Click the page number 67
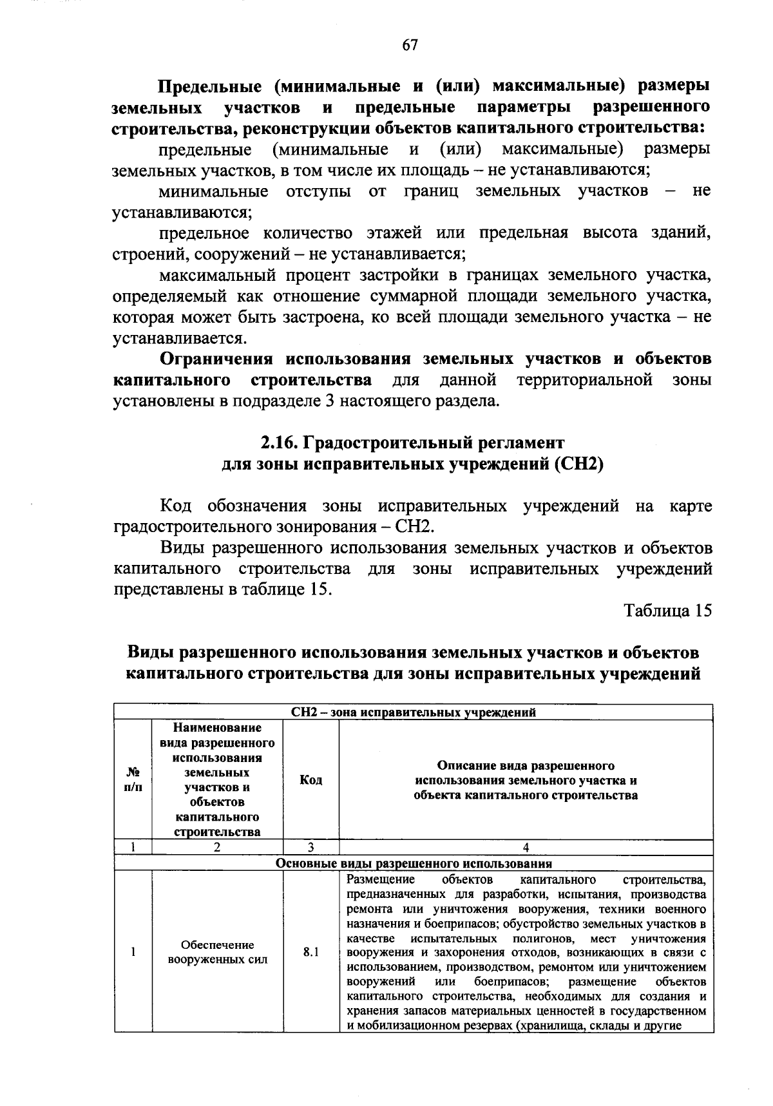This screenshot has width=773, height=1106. tap(410, 44)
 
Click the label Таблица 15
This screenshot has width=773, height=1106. tap(667, 611)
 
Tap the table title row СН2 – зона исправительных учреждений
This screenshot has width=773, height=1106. tap(413, 712)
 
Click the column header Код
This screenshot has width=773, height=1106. tap(311, 780)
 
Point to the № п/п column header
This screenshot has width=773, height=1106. tap(133, 780)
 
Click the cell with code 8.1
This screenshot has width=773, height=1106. tap(311, 951)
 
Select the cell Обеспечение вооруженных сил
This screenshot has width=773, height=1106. tap(217, 952)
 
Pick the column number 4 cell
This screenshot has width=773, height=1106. tap(526, 848)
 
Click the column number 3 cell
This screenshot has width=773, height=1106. tap(311, 848)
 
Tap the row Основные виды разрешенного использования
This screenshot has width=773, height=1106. tap(413, 863)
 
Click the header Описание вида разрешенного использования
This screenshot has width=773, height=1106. tap(526, 780)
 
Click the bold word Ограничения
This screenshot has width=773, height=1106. tap(216, 359)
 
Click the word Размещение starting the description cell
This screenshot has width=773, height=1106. tap(380, 879)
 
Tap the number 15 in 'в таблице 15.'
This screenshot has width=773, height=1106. tap(319, 589)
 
